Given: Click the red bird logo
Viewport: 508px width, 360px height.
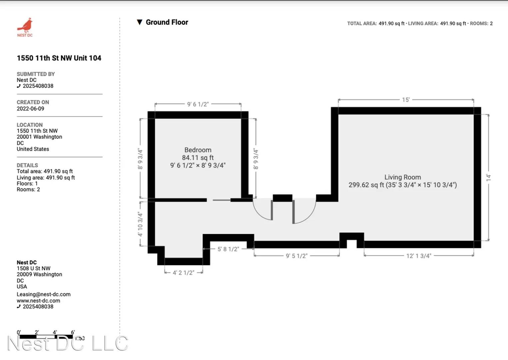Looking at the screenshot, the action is [x=25, y=25].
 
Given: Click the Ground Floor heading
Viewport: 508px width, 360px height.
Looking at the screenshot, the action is [x=167, y=22].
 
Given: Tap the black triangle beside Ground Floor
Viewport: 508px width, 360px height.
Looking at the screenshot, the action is [x=139, y=22].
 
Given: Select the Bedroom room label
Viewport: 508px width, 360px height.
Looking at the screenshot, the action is [x=198, y=150].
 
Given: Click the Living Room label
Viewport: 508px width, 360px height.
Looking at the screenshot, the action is [x=403, y=177].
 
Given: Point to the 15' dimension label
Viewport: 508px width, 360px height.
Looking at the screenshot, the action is [x=406, y=100].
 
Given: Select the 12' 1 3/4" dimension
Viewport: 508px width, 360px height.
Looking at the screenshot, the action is [x=419, y=256].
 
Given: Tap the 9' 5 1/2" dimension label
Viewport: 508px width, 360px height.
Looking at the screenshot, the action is [x=297, y=256].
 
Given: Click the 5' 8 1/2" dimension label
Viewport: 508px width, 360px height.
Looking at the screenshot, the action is [x=228, y=249].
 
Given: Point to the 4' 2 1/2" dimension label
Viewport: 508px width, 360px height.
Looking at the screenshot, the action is [x=184, y=273].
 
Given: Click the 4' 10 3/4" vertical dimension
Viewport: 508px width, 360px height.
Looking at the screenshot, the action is [x=140, y=224].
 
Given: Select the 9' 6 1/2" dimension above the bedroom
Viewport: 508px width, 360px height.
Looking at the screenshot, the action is [x=198, y=104].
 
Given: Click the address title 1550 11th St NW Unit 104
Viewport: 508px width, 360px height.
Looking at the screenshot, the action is [x=59, y=58].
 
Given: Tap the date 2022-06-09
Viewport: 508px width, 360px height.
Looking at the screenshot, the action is [x=30, y=109].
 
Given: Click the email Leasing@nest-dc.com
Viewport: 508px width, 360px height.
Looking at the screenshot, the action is [x=44, y=294].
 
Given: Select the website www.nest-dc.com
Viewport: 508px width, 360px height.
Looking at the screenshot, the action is [x=38, y=301].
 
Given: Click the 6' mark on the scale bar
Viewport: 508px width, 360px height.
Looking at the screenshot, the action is [x=73, y=332].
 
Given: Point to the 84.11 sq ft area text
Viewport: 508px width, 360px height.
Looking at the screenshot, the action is [x=198, y=157].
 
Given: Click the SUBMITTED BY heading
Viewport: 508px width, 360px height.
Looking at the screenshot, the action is [x=36, y=74].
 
